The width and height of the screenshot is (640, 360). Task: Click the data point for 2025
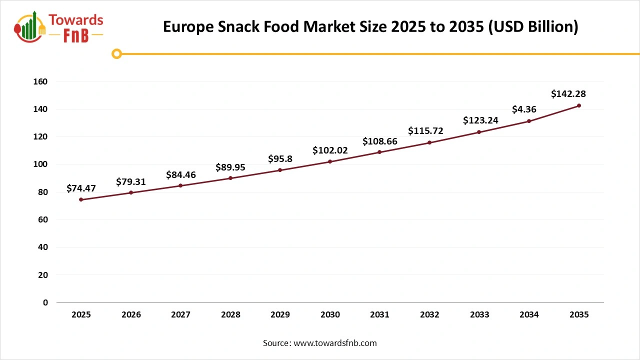(81, 199)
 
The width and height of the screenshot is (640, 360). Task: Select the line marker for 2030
(330, 161)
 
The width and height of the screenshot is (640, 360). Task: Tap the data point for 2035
(579, 105)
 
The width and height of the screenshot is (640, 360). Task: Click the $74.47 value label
(81, 188)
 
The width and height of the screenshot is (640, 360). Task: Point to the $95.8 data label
(280, 159)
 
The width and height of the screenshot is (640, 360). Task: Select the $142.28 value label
(568, 93)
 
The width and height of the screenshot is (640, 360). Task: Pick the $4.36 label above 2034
(524, 109)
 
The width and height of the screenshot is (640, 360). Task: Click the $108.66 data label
(380, 141)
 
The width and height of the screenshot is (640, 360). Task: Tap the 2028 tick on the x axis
(230, 314)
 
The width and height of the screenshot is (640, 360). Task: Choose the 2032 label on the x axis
(429, 314)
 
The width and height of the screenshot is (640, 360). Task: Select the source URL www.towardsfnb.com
(335, 343)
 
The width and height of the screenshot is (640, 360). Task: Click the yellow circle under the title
(116, 53)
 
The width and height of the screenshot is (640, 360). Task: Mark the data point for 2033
(479, 132)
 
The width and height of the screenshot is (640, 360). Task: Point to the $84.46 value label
(181, 174)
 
